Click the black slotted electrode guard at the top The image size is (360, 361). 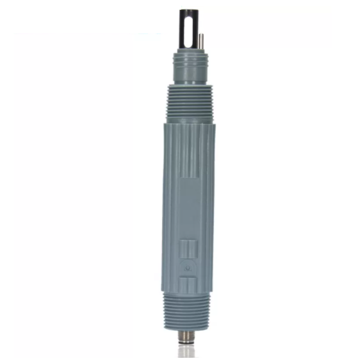(x=188, y=29)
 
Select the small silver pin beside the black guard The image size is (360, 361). (x=201, y=41)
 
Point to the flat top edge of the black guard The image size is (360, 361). (x=188, y=10)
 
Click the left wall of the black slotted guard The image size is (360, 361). (x=183, y=29)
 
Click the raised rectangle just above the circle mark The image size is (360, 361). (x=187, y=248)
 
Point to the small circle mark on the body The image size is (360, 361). (x=187, y=266)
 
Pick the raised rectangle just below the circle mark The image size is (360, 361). (x=187, y=284)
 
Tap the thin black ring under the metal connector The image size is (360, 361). (x=186, y=346)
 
